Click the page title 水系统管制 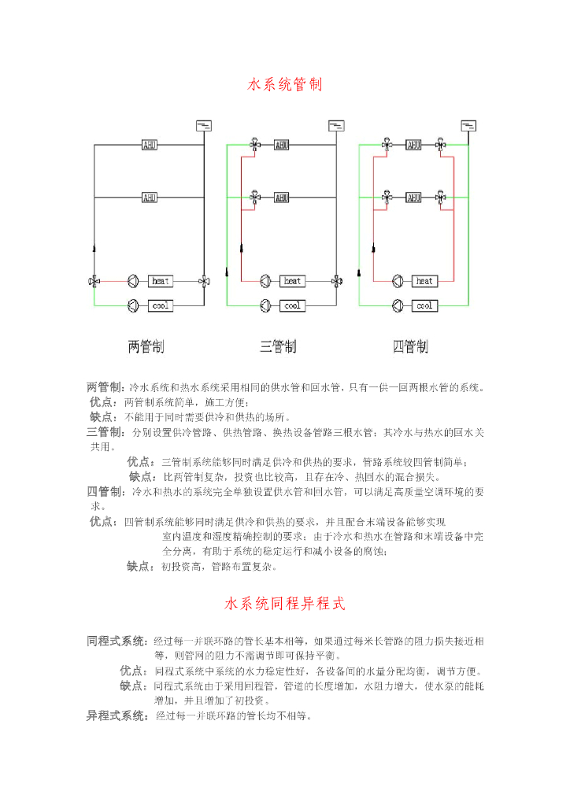pos(285,84)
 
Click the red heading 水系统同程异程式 pos(285,604)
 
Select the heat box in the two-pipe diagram pos(161,280)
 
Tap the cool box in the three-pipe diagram pos(293,305)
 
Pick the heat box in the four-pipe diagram pos(424,280)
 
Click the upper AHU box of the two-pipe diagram pos(150,145)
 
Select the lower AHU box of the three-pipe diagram pos(282,197)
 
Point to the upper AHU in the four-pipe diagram pos(414,145)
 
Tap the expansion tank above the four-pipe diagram pos(468,125)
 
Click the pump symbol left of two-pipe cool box pos(133,305)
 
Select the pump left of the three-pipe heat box pos(265,280)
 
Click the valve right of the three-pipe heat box pos(337,280)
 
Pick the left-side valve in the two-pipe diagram pos(94,280)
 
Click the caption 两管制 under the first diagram pos(146,346)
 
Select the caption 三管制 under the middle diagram pos(279,346)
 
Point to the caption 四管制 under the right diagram pos(410,346)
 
